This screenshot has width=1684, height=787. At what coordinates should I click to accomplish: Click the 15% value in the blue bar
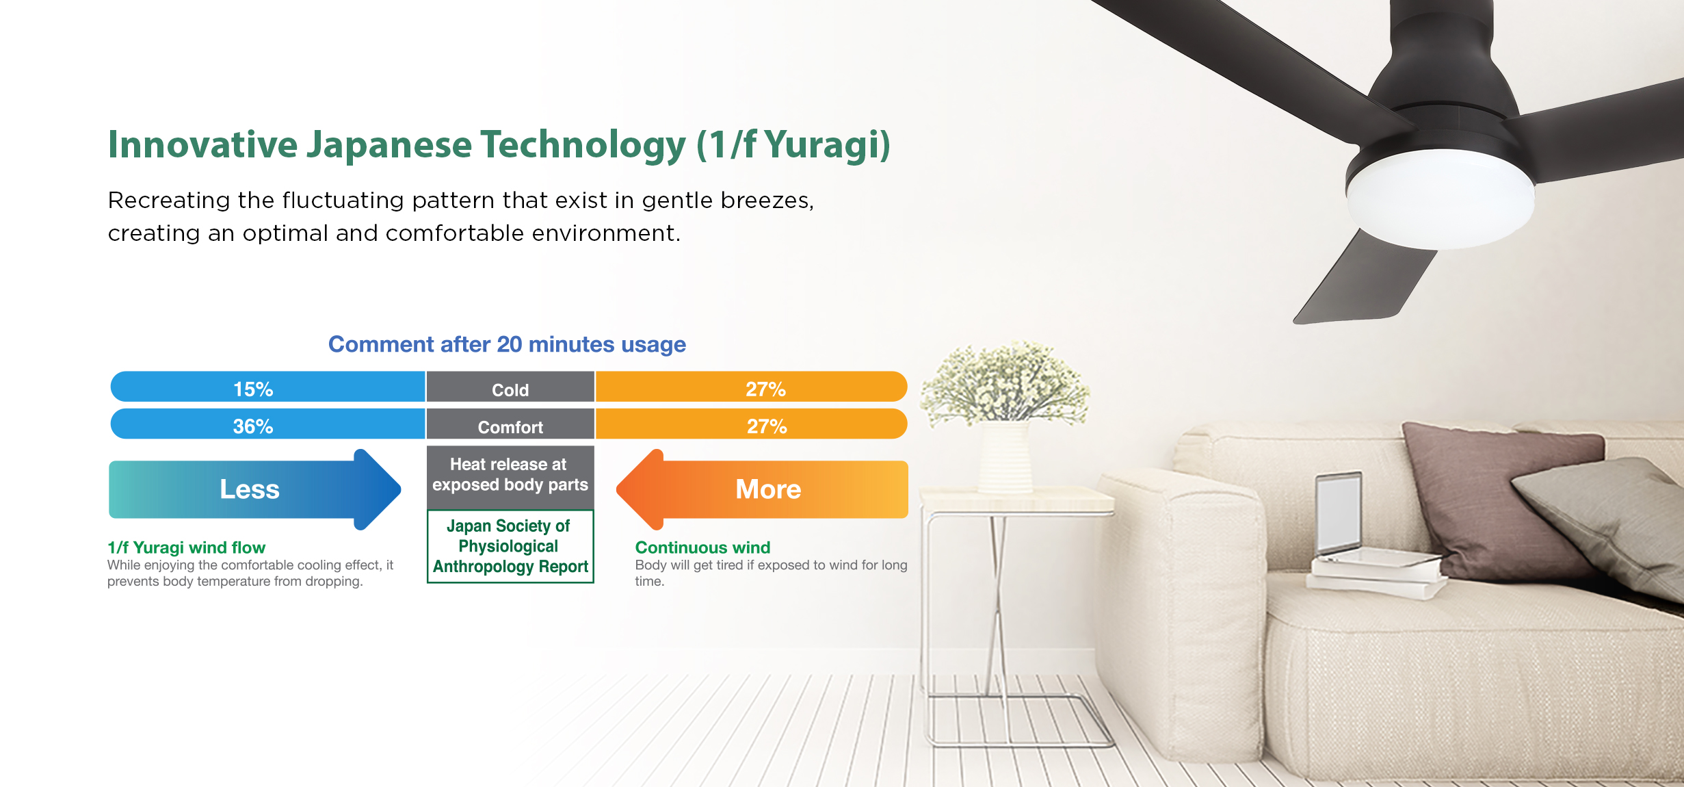pyautogui.click(x=253, y=389)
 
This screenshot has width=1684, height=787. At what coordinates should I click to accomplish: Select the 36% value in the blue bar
pyautogui.click(x=253, y=426)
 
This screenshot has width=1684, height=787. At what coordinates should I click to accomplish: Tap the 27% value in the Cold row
pyautogui.click(x=765, y=389)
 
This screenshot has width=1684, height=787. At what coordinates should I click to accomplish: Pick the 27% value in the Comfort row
pyautogui.click(x=767, y=426)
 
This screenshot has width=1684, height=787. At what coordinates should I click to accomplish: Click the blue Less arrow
pyautogui.click(x=254, y=489)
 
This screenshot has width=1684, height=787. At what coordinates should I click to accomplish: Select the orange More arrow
pyautogui.click(x=762, y=489)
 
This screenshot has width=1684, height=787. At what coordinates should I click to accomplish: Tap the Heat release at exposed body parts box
pyautogui.click(x=510, y=478)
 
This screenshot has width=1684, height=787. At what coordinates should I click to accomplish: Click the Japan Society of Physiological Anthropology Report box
pyautogui.click(x=510, y=546)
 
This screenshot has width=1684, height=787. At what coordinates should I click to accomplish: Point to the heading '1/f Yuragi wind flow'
pyautogui.click(x=186, y=547)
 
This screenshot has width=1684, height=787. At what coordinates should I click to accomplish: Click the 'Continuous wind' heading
pyautogui.click(x=702, y=547)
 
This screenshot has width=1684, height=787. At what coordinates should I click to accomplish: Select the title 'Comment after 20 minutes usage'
pyautogui.click(x=507, y=344)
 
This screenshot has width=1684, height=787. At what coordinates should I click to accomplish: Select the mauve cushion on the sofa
pyautogui.click(x=1498, y=500)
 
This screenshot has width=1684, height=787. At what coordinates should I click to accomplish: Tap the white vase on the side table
pyautogui.click(x=1005, y=456)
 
